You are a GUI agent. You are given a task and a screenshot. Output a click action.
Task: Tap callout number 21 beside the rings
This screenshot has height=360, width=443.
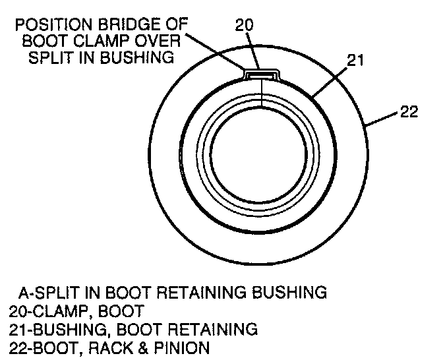pyautogui.click(x=355, y=61)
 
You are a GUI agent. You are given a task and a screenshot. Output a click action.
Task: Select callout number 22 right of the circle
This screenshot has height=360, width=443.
pyautogui.click(x=409, y=112)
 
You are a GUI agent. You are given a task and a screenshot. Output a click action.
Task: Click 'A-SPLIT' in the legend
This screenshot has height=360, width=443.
pyautogui.click(x=49, y=291)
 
